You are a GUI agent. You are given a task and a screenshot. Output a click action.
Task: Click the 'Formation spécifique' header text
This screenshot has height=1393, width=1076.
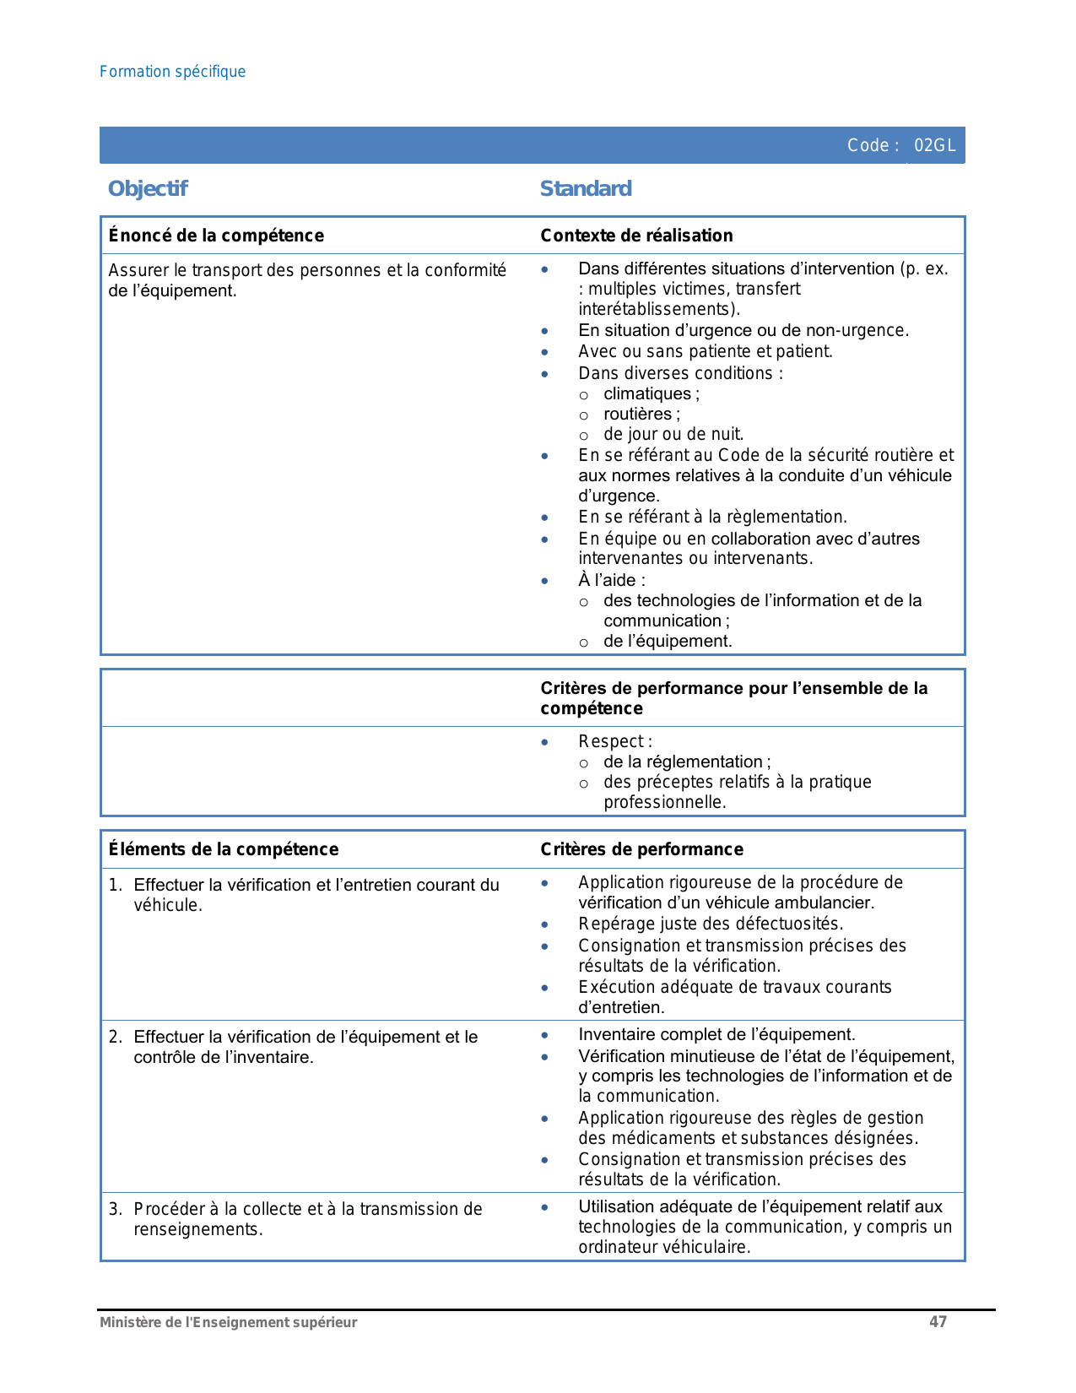pyautogui.click(x=172, y=72)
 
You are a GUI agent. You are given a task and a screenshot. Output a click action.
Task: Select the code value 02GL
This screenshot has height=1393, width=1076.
pyautogui.click(x=934, y=145)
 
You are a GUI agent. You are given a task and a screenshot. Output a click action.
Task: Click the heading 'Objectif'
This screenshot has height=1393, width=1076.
pyautogui.click(x=148, y=188)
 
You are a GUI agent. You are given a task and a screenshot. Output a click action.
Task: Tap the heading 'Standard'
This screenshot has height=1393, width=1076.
pyautogui.click(x=586, y=188)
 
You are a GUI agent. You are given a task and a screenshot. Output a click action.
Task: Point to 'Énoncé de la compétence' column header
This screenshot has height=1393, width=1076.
pyautogui.click(x=216, y=236)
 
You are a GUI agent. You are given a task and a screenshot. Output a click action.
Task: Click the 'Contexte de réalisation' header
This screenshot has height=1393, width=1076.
pyautogui.click(x=636, y=236)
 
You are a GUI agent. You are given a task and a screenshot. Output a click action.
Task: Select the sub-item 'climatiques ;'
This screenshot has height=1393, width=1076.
pyautogui.click(x=651, y=394)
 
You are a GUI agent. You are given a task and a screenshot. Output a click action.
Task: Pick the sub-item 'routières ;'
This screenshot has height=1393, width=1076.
pyautogui.click(x=641, y=415)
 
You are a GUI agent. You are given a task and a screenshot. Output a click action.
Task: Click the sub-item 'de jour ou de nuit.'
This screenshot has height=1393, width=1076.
pyautogui.click(x=673, y=435)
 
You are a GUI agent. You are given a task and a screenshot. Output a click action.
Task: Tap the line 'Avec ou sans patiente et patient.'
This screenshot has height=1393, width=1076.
pyautogui.click(x=705, y=351)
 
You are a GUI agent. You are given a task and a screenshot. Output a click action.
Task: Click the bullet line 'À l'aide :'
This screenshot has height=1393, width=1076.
pyautogui.click(x=612, y=580)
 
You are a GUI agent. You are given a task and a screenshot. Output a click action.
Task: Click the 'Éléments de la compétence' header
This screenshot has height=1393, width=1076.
pyautogui.click(x=224, y=849)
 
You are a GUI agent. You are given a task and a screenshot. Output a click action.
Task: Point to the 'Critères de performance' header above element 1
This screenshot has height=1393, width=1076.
pyautogui.click(x=641, y=849)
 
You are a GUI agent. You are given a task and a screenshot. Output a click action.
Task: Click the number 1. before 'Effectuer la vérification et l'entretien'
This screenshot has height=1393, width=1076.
pyautogui.click(x=116, y=885)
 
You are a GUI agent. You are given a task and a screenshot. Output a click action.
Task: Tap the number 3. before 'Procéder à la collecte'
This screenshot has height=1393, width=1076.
pyautogui.click(x=116, y=1209)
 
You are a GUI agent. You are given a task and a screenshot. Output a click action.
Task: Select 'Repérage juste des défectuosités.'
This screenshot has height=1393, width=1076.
pyautogui.click(x=711, y=924)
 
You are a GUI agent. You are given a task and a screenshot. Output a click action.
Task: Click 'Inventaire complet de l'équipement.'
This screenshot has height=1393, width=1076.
pyautogui.click(x=716, y=1034)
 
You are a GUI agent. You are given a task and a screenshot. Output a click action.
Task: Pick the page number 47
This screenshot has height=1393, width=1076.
pyautogui.click(x=938, y=1322)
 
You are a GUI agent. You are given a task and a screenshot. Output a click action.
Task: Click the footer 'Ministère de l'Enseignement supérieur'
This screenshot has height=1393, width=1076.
pyautogui.click(x=228, y=1323)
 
